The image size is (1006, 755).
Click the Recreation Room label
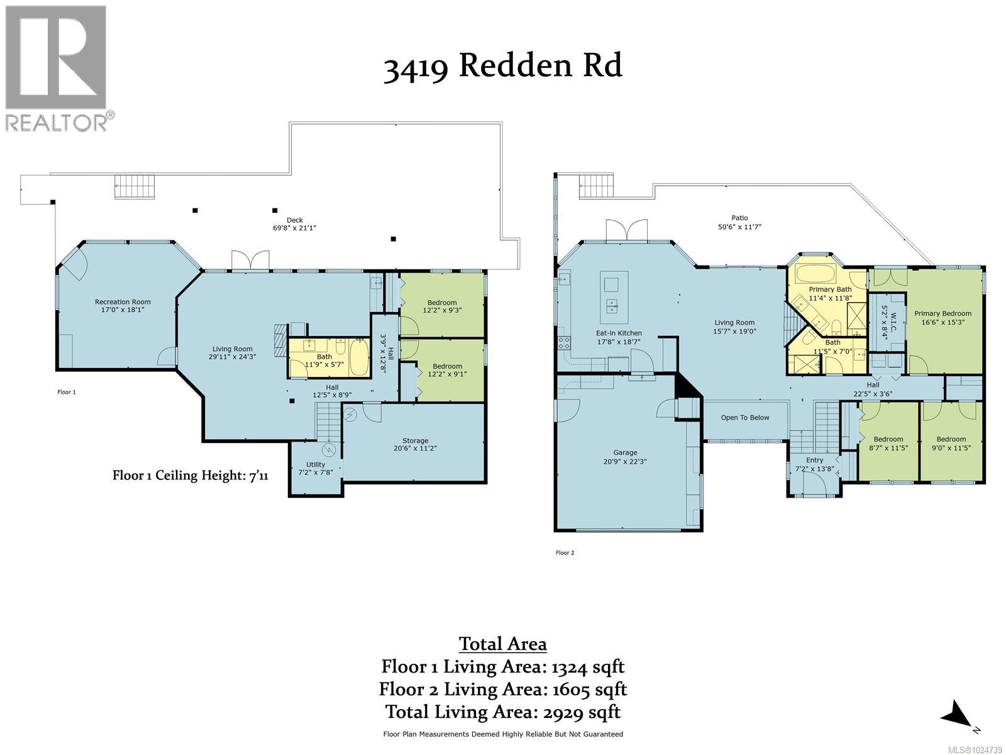[x=123, y=302]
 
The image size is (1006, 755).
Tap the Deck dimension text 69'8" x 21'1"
[x=294, y=228]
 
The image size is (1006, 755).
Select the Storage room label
[x=415, y=440]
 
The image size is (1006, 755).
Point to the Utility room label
[x=316, y=464]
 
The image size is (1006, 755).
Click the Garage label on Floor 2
[x=625, y=452]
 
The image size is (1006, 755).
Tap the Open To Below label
[x=745, y=418]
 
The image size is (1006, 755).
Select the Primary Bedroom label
[x=942, y=313]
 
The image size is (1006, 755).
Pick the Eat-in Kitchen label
[x=619, y=333]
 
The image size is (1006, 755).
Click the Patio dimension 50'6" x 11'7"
[x=739, y=226]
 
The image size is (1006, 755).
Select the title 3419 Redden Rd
[x=503, y=66]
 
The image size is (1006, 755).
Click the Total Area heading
[x=503, y=644]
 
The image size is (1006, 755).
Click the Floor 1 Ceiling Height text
[x=191, y=475]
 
